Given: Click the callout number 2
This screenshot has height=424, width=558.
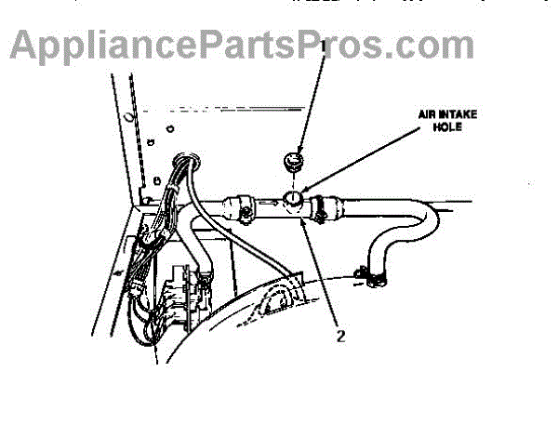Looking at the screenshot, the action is [341, 337].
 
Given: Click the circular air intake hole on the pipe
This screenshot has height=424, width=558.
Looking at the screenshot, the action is [293, 198].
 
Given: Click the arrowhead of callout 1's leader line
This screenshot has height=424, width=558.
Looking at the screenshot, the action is [297, 154].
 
